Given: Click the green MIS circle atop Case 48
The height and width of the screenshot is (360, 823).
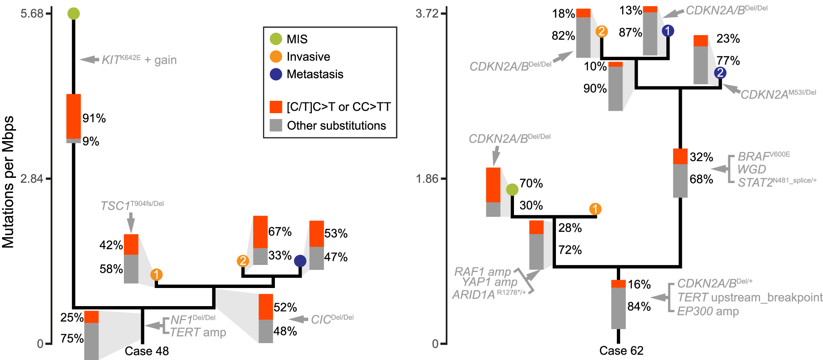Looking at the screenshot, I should pos(73,14).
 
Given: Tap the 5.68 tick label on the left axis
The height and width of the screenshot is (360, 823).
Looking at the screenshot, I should pos(32,14).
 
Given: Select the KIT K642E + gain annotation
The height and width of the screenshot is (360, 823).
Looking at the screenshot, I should pos(139,60).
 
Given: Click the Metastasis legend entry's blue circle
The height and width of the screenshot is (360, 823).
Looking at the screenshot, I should pos(276,74).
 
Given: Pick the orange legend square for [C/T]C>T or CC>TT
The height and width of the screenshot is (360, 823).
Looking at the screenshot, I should pos(276,107).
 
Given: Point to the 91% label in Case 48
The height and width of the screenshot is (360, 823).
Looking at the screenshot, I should pos(94,118).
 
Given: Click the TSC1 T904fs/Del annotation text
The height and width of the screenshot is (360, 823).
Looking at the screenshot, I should pos(132,205).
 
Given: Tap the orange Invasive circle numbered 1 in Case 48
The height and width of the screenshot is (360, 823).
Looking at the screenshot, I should pos(156,274).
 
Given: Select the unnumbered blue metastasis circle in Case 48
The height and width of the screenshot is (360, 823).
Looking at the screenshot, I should pos(300,261).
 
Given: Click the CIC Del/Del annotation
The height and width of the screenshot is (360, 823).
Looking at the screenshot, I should pos(332,319).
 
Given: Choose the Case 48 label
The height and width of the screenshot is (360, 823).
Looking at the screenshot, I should pos(146,351).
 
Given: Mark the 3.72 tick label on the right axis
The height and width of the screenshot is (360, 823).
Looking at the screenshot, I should pos(427,14).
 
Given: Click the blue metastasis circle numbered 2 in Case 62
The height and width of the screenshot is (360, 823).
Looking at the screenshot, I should pos(720,73).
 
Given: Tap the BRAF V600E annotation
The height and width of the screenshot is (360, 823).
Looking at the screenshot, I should pos(763,156).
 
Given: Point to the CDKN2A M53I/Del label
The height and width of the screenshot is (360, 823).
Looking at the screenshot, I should pos(778,94).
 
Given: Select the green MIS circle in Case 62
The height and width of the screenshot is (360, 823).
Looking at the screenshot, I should pos(512,190).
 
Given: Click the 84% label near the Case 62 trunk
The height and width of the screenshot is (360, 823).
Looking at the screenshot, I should pos(639,307).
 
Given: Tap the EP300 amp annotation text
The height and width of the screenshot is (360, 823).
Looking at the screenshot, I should pos(708,311).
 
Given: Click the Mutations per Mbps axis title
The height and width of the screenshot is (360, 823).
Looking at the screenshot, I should pos(8,182).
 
